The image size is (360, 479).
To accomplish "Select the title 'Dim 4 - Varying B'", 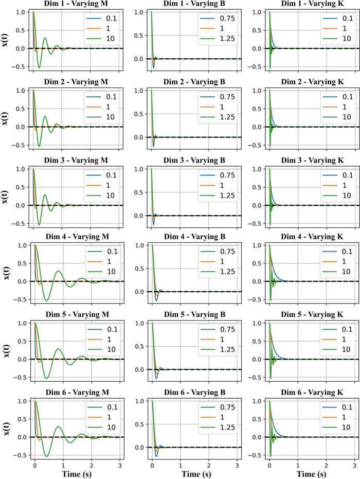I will pos(194,238).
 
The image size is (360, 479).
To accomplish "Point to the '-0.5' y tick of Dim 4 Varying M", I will pos(18,301).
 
